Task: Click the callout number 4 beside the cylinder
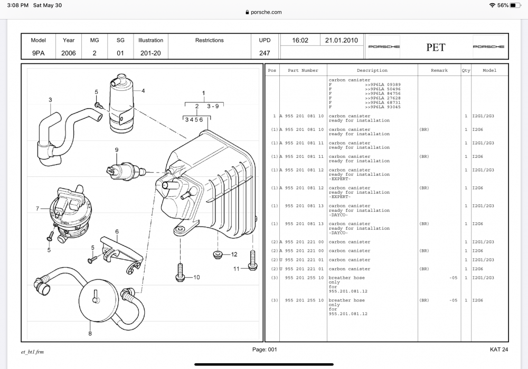tap(143, 90)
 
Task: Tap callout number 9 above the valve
tap(117, 150)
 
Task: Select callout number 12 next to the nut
tap(234, 254)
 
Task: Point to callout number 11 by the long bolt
tap(237, 269)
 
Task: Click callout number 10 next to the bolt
tap(196, 277)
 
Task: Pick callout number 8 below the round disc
tap(90, 334)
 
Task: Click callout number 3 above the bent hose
tap(50, 100)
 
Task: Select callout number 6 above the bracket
tap(117, 231)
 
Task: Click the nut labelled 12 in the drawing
tap(217, 256)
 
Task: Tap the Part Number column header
tap(303, 70)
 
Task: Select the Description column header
tap(372, 70)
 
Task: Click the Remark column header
tap(439, 70)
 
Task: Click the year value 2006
tap(69, 53)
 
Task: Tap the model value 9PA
tap(39, 53)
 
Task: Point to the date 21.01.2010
tap(341, 40)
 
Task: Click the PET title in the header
tap(436, 48)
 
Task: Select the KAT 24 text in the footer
tap(499, 349)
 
